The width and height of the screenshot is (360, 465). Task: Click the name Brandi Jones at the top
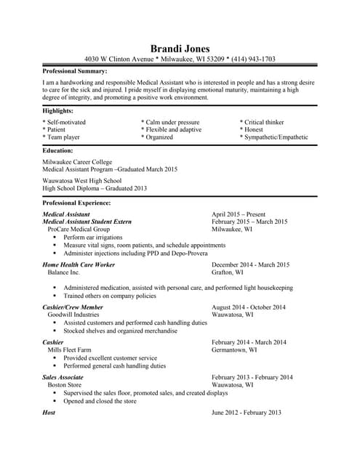point(180,49)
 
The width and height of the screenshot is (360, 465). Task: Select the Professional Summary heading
point(75,71)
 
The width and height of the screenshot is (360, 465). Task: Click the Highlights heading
point(57,110)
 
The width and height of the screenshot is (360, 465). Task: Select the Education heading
point(58,150)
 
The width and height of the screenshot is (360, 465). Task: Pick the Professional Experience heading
point(77,203)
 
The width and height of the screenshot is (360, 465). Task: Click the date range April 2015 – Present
point(239,214)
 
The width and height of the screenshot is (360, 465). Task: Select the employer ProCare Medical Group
point(79,229)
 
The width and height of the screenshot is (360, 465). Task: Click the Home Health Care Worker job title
point(79,264)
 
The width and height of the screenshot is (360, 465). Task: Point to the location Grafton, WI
point(228,272)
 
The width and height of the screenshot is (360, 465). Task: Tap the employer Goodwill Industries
point(73,315)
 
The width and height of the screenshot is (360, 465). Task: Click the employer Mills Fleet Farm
point(70,350)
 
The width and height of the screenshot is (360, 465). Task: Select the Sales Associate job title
point(63,377)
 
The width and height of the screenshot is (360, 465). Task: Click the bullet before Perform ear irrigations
point(55,238)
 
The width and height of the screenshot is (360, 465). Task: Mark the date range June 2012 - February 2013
point(246,412)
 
